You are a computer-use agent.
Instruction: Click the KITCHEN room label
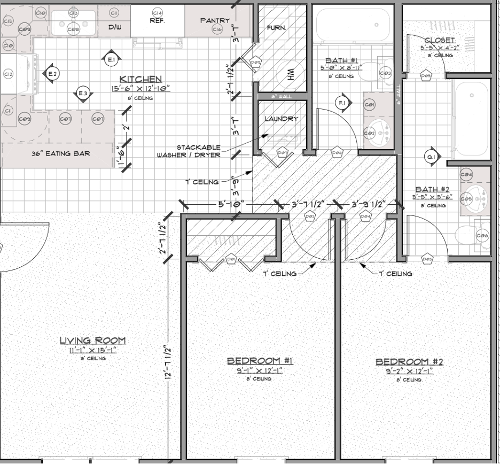pos(140,79)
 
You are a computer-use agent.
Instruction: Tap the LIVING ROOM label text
pos(92,340)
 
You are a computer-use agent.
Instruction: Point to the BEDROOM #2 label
pos(409,361)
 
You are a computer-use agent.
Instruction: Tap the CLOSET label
pos(439,40)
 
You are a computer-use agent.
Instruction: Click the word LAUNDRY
pos(281,119)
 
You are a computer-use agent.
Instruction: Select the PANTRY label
pos(215,20)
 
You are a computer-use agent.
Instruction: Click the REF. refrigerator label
pos(157,21)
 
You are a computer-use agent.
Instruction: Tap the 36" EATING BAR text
pos(60,153)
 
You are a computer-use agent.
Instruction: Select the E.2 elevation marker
pos(52,74)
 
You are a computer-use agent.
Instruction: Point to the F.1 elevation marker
pos(341,102)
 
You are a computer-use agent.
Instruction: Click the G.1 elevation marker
pos(431,157)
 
